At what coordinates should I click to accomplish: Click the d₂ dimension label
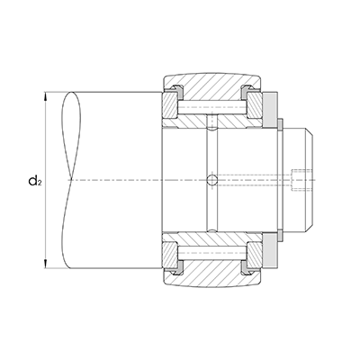coord(34,181)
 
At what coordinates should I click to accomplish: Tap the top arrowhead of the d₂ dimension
coord(45,96)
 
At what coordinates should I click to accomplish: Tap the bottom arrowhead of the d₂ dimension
coord(45,264)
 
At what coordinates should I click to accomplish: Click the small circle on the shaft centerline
coord(212,180)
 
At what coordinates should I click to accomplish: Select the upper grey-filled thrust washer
coord(270,110)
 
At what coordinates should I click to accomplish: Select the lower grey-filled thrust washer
coord(270,250)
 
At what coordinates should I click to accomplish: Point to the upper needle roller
coord(212,107)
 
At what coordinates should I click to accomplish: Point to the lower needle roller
coord(212,253)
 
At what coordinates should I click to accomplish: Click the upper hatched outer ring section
coord(211,87)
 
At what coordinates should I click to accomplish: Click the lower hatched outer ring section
coord(211,273)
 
